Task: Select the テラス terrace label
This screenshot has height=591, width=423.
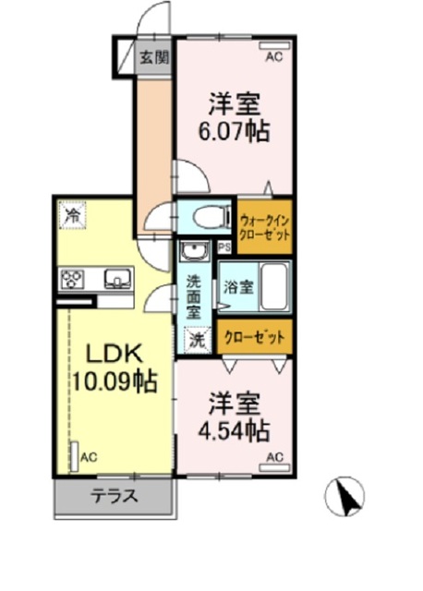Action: point(114,497)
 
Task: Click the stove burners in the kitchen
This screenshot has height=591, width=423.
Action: point(74,278)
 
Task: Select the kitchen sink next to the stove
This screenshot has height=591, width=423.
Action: point(116,278)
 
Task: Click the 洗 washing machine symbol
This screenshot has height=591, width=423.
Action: point(197,339)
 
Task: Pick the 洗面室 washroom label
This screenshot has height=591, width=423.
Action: point(193,295)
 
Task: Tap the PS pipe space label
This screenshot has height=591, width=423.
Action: point(224,247)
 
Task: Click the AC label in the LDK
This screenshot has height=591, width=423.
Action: point(89,457)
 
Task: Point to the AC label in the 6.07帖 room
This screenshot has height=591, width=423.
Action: point(273,57)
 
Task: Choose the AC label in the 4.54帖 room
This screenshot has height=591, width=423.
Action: point(274,457)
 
